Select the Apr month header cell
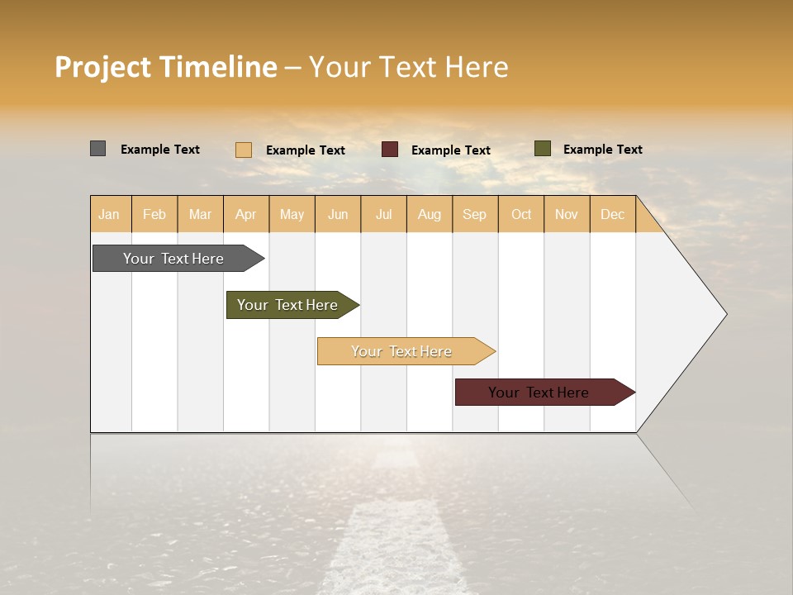246,214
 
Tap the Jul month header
383,214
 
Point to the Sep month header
475,214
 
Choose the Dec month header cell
612,214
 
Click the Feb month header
154,214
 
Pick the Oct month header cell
521,214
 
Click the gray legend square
97,149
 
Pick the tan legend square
244,150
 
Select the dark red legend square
390,150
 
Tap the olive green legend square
542,149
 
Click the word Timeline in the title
217,67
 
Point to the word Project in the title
102,67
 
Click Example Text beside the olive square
602,150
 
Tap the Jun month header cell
338,214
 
